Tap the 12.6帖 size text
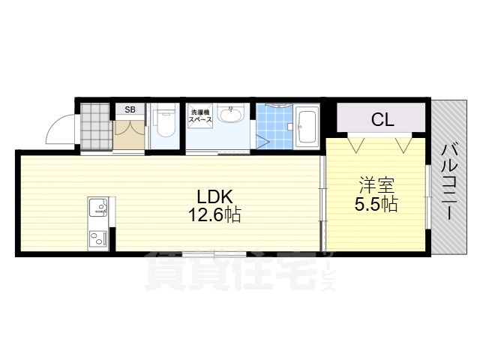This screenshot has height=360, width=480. [x=214, y=215]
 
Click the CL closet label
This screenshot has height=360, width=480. [x=382, y=118]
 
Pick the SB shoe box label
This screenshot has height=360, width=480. [x=130, y=109]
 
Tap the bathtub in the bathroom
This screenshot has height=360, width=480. [x=307, y=127]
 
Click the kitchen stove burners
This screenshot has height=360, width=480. [x=98, y=239]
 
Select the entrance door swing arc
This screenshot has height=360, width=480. [x=60, y=127]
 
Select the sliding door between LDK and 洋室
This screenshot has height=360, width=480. [x=322, y=202]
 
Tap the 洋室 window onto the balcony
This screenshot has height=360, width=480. [x=427, y=198]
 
